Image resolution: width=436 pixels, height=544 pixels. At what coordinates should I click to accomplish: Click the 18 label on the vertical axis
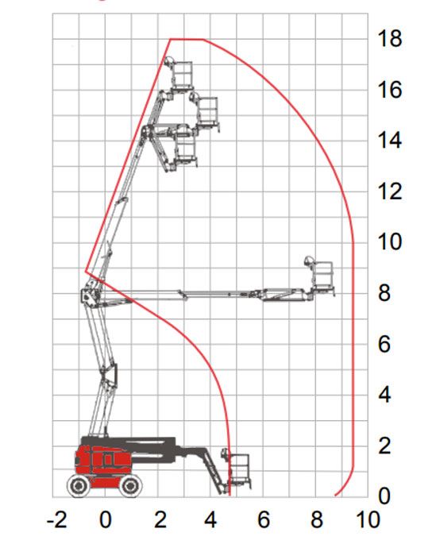click(390, 38)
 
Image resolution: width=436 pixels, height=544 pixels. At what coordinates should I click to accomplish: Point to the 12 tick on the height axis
click(390, 191)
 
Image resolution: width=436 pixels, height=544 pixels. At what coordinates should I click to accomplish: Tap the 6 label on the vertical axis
click(384, 344)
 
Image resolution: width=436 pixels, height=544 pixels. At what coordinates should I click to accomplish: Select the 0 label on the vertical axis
click(384, 496)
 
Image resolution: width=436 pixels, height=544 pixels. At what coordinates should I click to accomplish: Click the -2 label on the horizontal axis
click(57, 520)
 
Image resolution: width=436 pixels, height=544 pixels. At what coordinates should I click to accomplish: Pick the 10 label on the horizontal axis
click(368, 520)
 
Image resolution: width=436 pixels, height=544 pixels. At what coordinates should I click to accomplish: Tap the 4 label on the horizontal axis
click(210, 520)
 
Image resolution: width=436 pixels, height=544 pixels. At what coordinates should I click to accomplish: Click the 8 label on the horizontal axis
click(316, 520)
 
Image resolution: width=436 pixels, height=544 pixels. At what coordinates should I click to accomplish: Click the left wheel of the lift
click(79, 485)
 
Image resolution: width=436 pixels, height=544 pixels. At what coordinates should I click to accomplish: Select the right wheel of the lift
click(130, 485)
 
